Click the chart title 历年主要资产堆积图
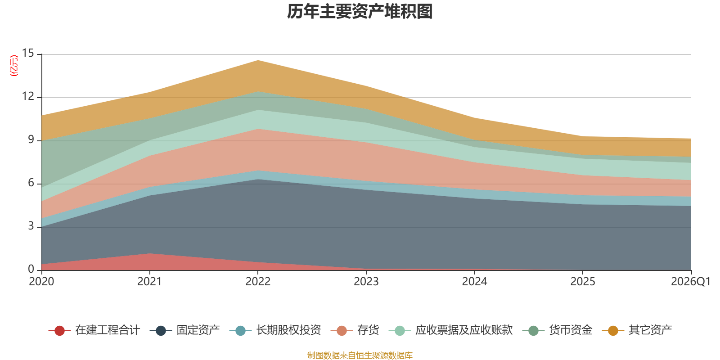(360, 12)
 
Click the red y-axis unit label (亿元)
(14, 66)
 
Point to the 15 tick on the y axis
(28, 53)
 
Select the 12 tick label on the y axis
(28, 96)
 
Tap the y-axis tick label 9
(31, 139)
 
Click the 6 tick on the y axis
(31, 183)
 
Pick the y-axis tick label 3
(31, 226)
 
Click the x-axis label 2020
(41, 282)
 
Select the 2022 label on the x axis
(258, 282)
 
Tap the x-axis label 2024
(474, 282)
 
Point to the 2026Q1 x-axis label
(690, 282)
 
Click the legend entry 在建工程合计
(94, 330)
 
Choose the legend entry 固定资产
(185, 330)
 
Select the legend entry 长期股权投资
(275, 330)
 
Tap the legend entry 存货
(355, 330)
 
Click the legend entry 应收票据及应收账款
(450, 330)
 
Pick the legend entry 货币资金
(558, 330)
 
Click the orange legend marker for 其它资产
(613, 330)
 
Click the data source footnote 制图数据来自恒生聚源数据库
(360, 355)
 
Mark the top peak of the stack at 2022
(258, 60)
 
